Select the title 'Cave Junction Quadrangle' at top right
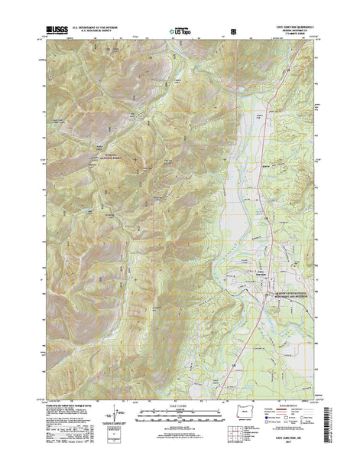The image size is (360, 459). [x=291, y=25]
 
